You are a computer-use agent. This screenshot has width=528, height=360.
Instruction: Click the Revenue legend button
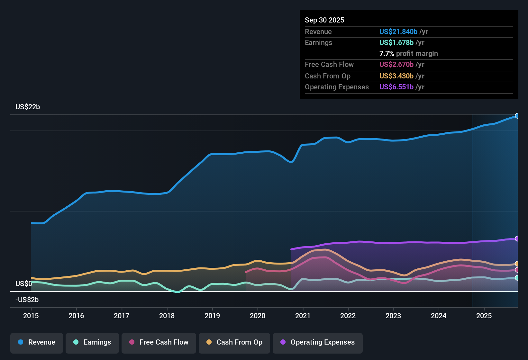pyautogui.click(x=37, y=342)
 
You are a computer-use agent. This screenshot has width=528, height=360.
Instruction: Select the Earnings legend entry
pyautogui.click(x=92, y=342)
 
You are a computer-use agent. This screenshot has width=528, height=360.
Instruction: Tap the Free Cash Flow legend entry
pyautogui.click(x=159, y=342)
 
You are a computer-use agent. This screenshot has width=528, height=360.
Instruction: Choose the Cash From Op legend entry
pyautogui.click(x=234, y=342)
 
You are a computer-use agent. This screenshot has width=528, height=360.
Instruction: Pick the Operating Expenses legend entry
pyautogui.click(x=317, y=342)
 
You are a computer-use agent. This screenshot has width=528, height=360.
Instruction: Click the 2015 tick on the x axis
pyautogui.click(x=31, y=316)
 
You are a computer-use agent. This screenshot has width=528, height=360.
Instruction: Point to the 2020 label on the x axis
pyautogui.click(x=258, y=316)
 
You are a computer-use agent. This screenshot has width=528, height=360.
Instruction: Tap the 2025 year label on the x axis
pyautogui.click(x=484, y=316)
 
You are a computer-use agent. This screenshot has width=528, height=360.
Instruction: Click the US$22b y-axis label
pyautogui.click(x=28, y=107)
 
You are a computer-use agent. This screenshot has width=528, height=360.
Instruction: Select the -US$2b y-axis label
pyautogui.click(x=27, y=300)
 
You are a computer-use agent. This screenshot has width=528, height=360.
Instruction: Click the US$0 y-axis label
pyautogui.click(x=24, y=284)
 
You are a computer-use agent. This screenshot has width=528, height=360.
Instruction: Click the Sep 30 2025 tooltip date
pyautogui.click(x=324, y=20)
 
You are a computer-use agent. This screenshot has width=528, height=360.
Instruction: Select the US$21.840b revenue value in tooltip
pyautogui.click(x=398, y=32)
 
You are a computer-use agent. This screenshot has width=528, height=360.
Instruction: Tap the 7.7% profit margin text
pyautogui.click(x=408, y=54)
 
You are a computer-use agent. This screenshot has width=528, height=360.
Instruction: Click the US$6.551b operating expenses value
pyautogui.click(x=396, y=87)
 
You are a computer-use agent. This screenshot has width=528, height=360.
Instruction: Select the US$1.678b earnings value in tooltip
pyautogui.click(x=396, y=43)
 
